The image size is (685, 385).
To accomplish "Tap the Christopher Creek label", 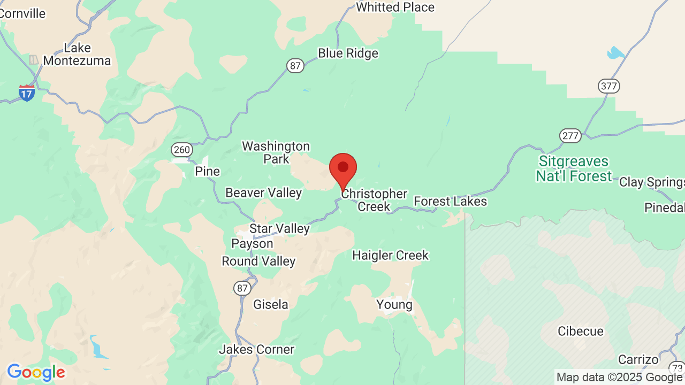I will [374, 200].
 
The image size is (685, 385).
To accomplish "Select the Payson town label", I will [252, 243].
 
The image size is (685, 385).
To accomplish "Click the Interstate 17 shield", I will [27, 93].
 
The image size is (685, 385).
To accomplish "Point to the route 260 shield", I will [181, 150].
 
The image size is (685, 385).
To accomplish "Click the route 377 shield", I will [609, 86].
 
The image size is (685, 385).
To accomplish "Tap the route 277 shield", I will [570, 135].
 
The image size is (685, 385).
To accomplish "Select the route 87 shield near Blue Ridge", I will [295, 66].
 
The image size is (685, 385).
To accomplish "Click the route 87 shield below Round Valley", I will [242, 288].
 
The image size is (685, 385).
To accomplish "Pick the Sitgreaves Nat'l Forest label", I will [574, 168].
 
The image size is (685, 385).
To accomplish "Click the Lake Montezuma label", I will [77, 54].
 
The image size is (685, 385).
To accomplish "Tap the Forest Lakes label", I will [451, 201].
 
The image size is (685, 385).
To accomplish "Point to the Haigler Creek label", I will [390, 255].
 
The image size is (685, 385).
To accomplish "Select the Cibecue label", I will [581, 331].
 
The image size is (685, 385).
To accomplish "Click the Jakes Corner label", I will [257, 349].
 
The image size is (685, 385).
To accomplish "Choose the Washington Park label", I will [276, 152].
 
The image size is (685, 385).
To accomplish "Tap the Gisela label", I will [271, 304].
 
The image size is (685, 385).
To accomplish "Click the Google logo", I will [36, 372].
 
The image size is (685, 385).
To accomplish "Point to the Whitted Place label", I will [395, 7].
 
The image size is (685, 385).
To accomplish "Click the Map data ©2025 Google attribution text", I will [619, 378].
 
